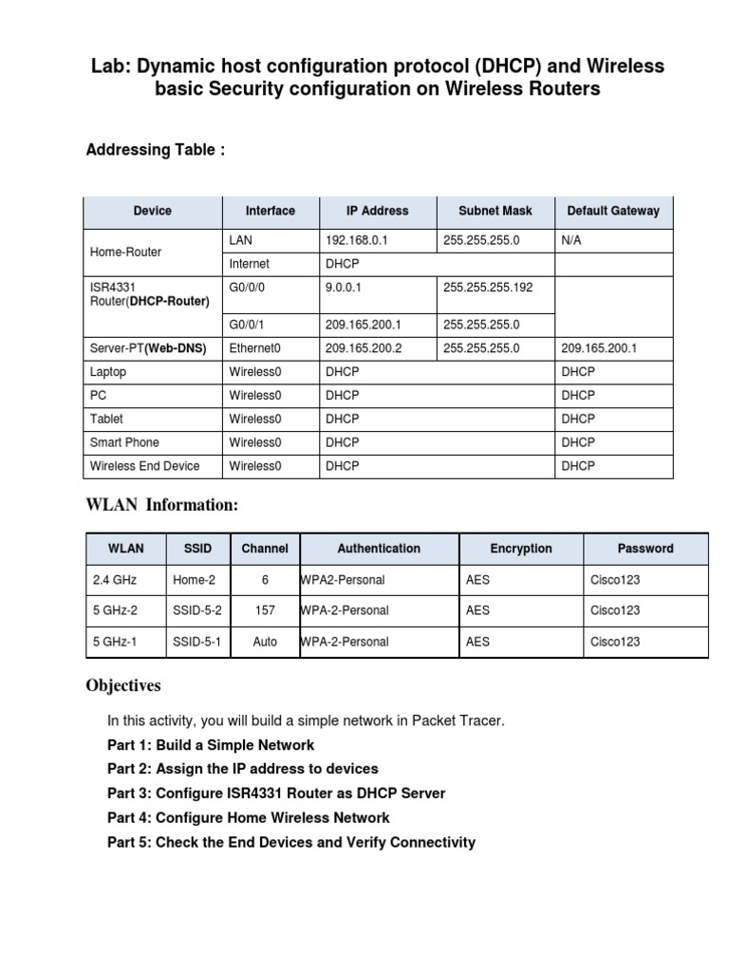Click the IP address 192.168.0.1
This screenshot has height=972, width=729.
(357, 241)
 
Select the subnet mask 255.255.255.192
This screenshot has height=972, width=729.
(488, 287)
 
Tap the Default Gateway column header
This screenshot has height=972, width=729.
(612, 211)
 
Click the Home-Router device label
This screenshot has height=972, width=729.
(125, 252)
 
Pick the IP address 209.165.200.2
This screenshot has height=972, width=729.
(364, 348)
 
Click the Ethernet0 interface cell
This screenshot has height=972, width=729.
(255, 348)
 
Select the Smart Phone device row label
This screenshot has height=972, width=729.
(124, 442)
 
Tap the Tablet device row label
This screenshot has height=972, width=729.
(106, 419)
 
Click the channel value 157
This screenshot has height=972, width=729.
(265, 610)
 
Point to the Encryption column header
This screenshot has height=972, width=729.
(520, 548)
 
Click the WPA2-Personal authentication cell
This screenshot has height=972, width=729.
(343, 579)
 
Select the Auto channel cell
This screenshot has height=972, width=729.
(265, 642)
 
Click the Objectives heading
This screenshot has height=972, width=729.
(123, 685)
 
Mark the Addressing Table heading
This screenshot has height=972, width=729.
(156, 150)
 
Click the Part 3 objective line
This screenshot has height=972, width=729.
(276, 793)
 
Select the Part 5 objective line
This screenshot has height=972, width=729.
(291, 842)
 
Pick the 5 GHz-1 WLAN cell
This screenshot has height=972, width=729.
(115, 642)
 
